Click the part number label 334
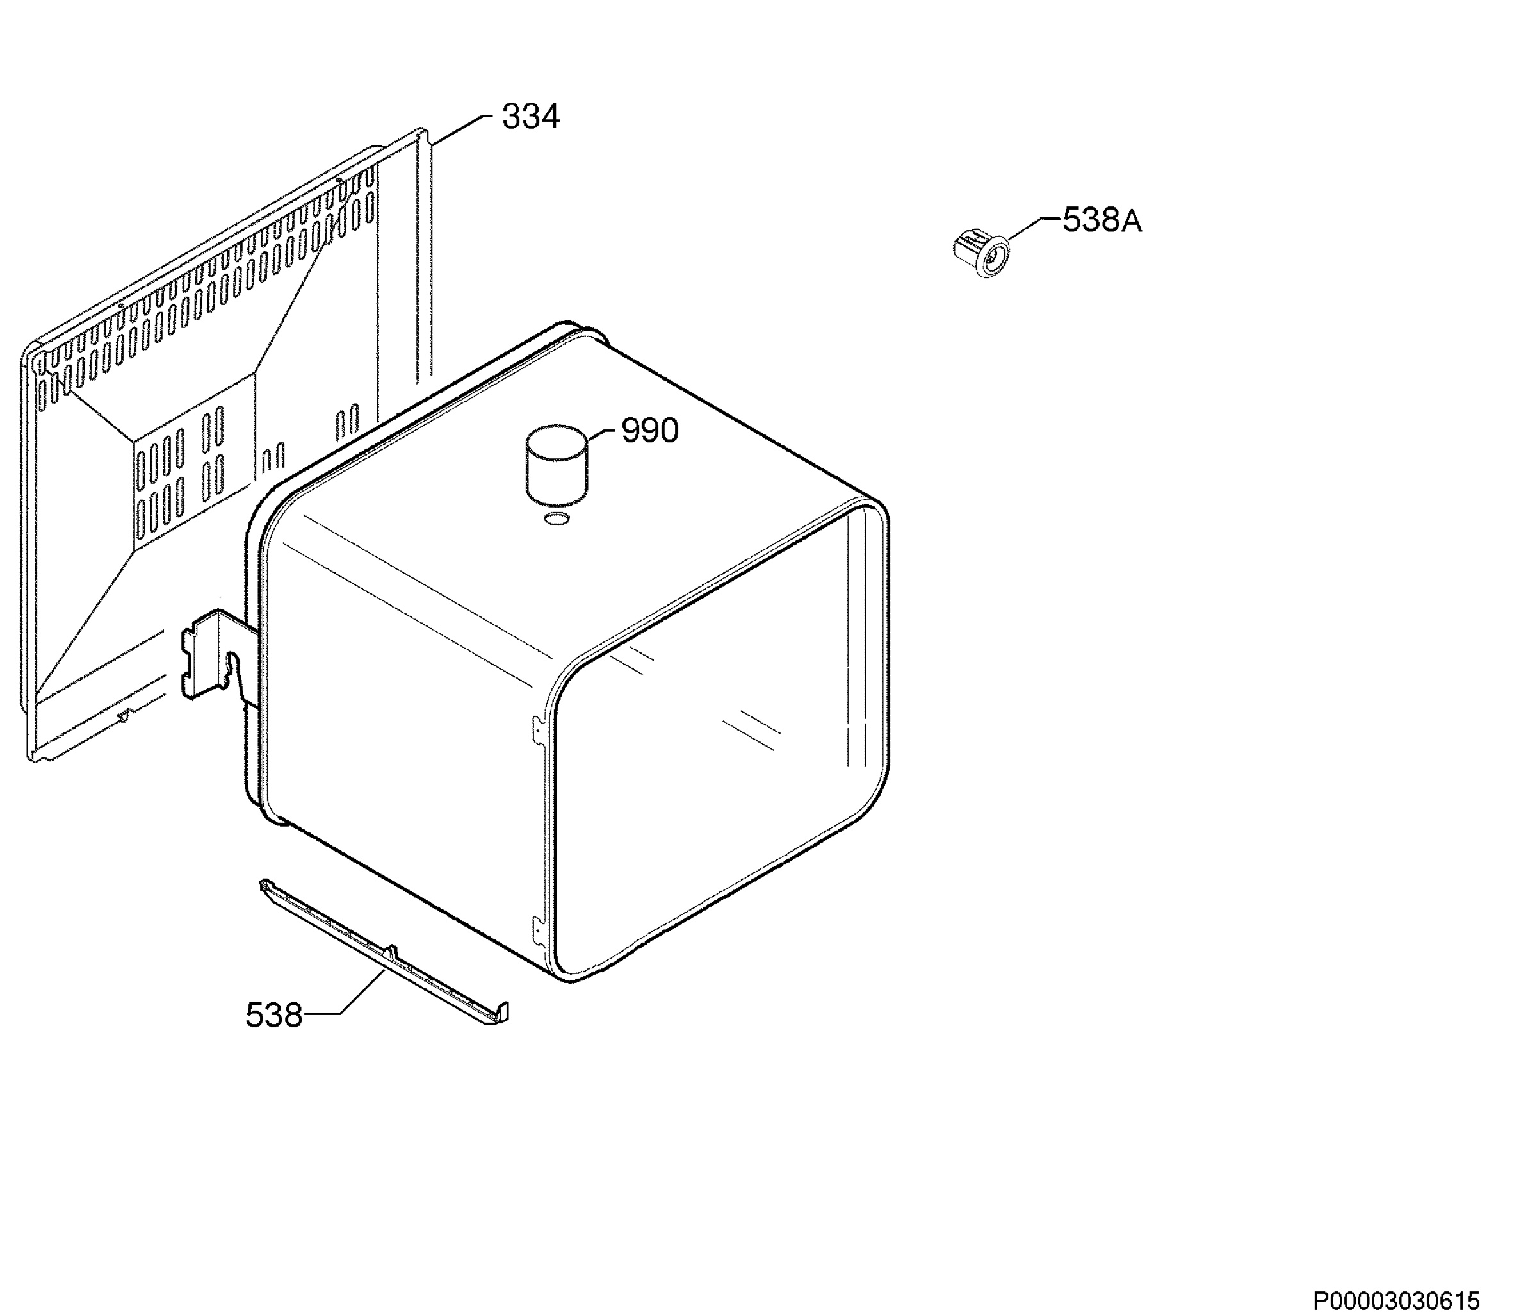[x=530, y=117]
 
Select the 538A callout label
[x=1102, y=220]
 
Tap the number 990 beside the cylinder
[x=650, y=431]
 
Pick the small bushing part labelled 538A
[x=981, y=252]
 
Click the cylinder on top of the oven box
[x=557, y=464]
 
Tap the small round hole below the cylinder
[x=556, y=518]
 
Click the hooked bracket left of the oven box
[x=219, y=653]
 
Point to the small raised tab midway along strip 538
[x=391, y=953]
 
